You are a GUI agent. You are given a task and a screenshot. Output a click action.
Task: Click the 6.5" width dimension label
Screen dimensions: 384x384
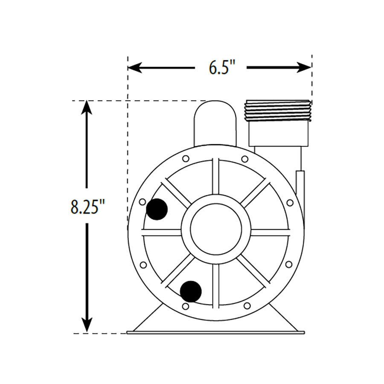pos(221,67)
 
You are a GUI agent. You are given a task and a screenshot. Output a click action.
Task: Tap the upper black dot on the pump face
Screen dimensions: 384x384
pos(157,209)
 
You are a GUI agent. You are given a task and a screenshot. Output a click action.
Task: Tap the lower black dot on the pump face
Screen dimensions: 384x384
pos(190,291)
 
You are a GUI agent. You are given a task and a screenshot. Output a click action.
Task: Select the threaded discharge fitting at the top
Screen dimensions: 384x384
pos(277,110)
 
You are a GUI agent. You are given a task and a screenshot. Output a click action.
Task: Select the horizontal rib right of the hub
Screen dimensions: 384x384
pos(271,233)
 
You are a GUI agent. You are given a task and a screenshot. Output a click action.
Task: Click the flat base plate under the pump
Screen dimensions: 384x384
pos(215,332)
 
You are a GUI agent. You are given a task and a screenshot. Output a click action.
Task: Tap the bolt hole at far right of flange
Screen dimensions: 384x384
pos(290,202)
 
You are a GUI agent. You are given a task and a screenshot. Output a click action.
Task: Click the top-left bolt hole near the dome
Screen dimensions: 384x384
pos(186,159)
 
